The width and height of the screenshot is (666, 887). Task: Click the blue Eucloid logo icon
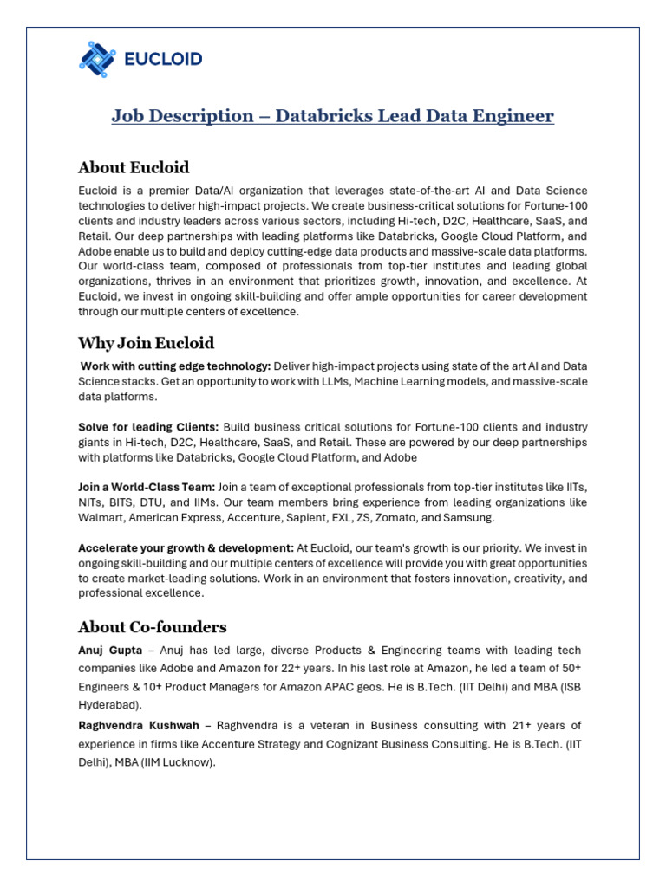coord(97,59)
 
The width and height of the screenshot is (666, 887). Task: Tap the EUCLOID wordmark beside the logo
coord(164,59)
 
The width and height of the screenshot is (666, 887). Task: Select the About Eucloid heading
coord(134,167)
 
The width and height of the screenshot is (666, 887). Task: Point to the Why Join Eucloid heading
coord(146,343)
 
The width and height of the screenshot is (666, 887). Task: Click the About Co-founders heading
coord(152,626)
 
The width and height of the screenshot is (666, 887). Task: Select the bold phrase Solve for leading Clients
coord(148,427)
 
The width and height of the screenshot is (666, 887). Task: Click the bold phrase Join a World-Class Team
coord(147,488)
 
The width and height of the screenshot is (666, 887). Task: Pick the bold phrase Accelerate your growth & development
coord(186,548)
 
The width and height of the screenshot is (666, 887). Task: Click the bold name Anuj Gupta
coord(110,651)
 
